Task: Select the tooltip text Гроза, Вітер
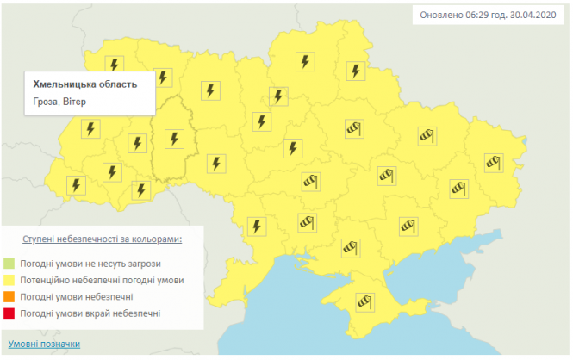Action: pyautogui.click(x=60, y=101)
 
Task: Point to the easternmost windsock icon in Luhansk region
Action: pyautogui.click(x=492, y=161)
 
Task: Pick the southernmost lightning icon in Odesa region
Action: pyautogui.click(x=256, y=226)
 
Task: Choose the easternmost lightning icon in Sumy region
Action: pyautogui.click(x=353, y=70)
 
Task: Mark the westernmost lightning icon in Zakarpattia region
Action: pyautogui.click(x=78, y=185)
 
